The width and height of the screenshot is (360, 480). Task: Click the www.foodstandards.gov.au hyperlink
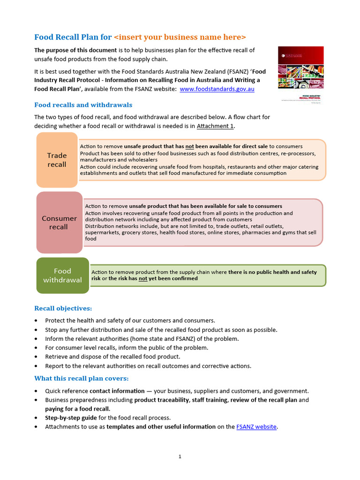[x=217, y=89]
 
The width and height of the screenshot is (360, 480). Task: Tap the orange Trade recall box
[x=57, y=160]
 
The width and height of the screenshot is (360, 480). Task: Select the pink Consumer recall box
[x=59, y=223]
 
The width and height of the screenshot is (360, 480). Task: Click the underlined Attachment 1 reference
[x=215, y=126]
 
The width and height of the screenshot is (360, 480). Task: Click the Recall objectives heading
[x=63, y=308]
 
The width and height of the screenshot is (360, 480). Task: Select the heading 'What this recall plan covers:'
[x=82, y=378]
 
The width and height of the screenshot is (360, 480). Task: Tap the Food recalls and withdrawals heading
[x=83, y=105]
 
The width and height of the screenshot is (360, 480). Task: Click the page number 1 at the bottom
[x=180, y=457]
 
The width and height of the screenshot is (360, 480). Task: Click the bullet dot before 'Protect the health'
[x=37, y=321]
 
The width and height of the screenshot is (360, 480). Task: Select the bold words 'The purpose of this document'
[x=75, y=50]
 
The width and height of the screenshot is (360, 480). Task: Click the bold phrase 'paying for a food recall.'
[x=78, y=409]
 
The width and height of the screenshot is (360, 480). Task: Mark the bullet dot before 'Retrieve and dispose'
[x=37, y=357]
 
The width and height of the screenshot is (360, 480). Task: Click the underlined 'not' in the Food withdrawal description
[x=142, y=278]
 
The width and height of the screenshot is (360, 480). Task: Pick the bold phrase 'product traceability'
[x=162, y=400]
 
